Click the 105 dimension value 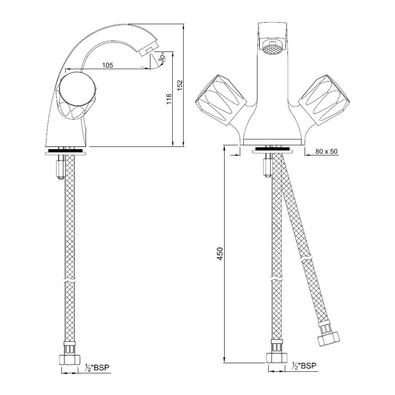coord(107,65)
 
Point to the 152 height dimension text coord(179,85)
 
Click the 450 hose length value coord(220,254)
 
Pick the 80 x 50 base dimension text coord(326,151)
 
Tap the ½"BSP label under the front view coord(304,365)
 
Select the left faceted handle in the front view coord(221,100)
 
